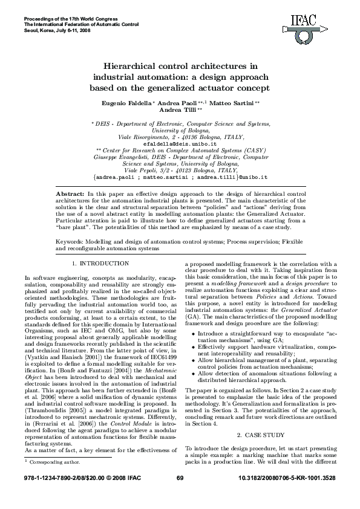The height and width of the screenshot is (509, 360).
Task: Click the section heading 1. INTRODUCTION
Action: (x=100, y=264)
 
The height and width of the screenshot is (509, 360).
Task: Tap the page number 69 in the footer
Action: (x=180, y=496)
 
